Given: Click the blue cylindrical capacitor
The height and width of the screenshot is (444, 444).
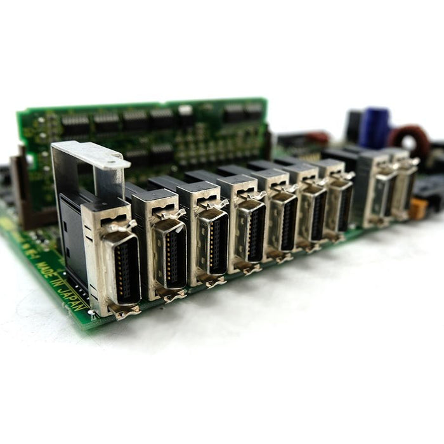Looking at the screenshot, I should coord(375,127).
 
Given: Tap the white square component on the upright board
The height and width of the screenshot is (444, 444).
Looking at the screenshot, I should coord(185,111).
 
